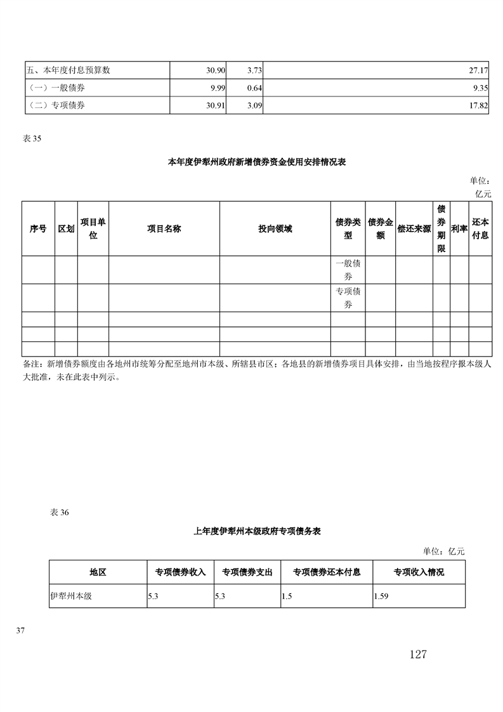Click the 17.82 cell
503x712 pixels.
coord(478,105)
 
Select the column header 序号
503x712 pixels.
coord(38,229)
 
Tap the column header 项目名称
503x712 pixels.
coord(164,229)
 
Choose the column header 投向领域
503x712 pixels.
coord(275,229)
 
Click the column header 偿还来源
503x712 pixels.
coord(414,229)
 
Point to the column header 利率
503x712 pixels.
coord(459,229)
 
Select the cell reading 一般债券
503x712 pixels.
coord(348,270)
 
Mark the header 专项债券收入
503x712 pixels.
coord(180,572)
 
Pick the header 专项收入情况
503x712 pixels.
coord(418,572)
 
